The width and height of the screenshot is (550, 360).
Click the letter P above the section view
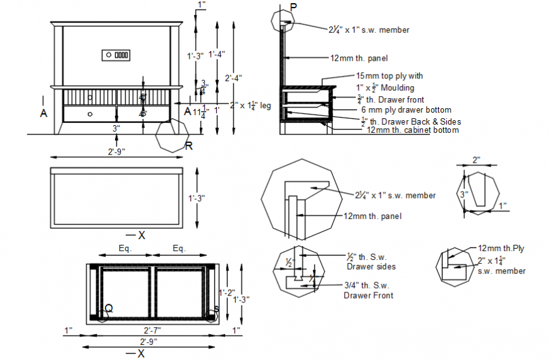click(292, 7)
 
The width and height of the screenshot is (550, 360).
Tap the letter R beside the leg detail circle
click(188, 146)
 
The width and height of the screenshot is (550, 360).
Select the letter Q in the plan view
click(109, 308)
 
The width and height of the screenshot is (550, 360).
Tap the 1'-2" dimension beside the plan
click(226, 292)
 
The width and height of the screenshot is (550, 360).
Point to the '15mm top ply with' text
click(389, 75)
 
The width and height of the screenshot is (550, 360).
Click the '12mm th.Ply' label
click(501, 249)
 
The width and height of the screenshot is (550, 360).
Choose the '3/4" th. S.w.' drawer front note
click(367, 285)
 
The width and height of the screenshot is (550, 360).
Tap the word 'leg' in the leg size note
click(266, 106)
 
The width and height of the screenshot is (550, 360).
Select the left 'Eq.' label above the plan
click(125, 249)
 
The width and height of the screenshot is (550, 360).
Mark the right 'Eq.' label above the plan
click(180, 249)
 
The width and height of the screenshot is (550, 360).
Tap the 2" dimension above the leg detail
click(477, 161)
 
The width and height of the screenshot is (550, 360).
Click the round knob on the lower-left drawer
click(90, 114)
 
